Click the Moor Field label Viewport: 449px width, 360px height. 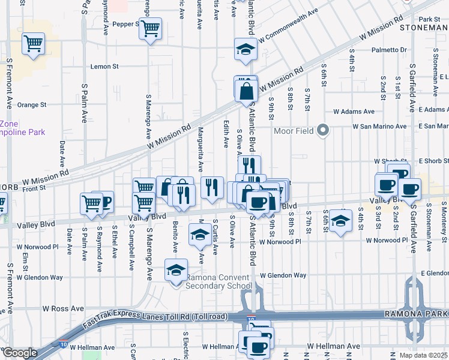(294, 131)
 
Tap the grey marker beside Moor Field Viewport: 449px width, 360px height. (324, 130)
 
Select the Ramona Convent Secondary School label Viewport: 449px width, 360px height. (218, 282)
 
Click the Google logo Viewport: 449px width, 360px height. (20, 353)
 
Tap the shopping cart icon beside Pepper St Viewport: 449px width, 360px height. (151, 28)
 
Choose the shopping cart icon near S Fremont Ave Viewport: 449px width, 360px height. (34, 43)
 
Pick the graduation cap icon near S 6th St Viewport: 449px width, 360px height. (340, 221)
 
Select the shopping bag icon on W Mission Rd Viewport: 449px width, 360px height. (246, 92)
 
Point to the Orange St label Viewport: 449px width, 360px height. (32, 104)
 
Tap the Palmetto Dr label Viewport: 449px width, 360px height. (389, 50)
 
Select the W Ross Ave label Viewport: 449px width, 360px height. (63, 308)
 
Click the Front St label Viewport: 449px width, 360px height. (34, 188)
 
